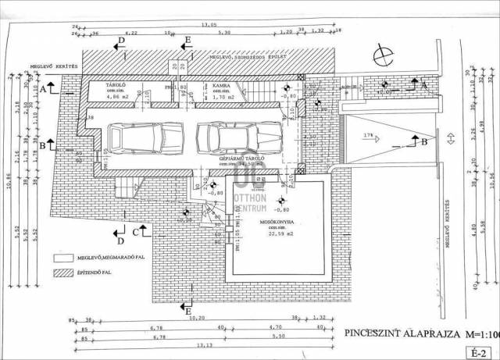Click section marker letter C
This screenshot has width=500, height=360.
click(x=135, y=231)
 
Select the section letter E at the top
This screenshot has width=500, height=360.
click(x=187, y=38)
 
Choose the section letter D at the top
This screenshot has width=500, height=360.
click(x=121, y=38)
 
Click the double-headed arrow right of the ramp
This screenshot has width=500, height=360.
click(x=450, y=140)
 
